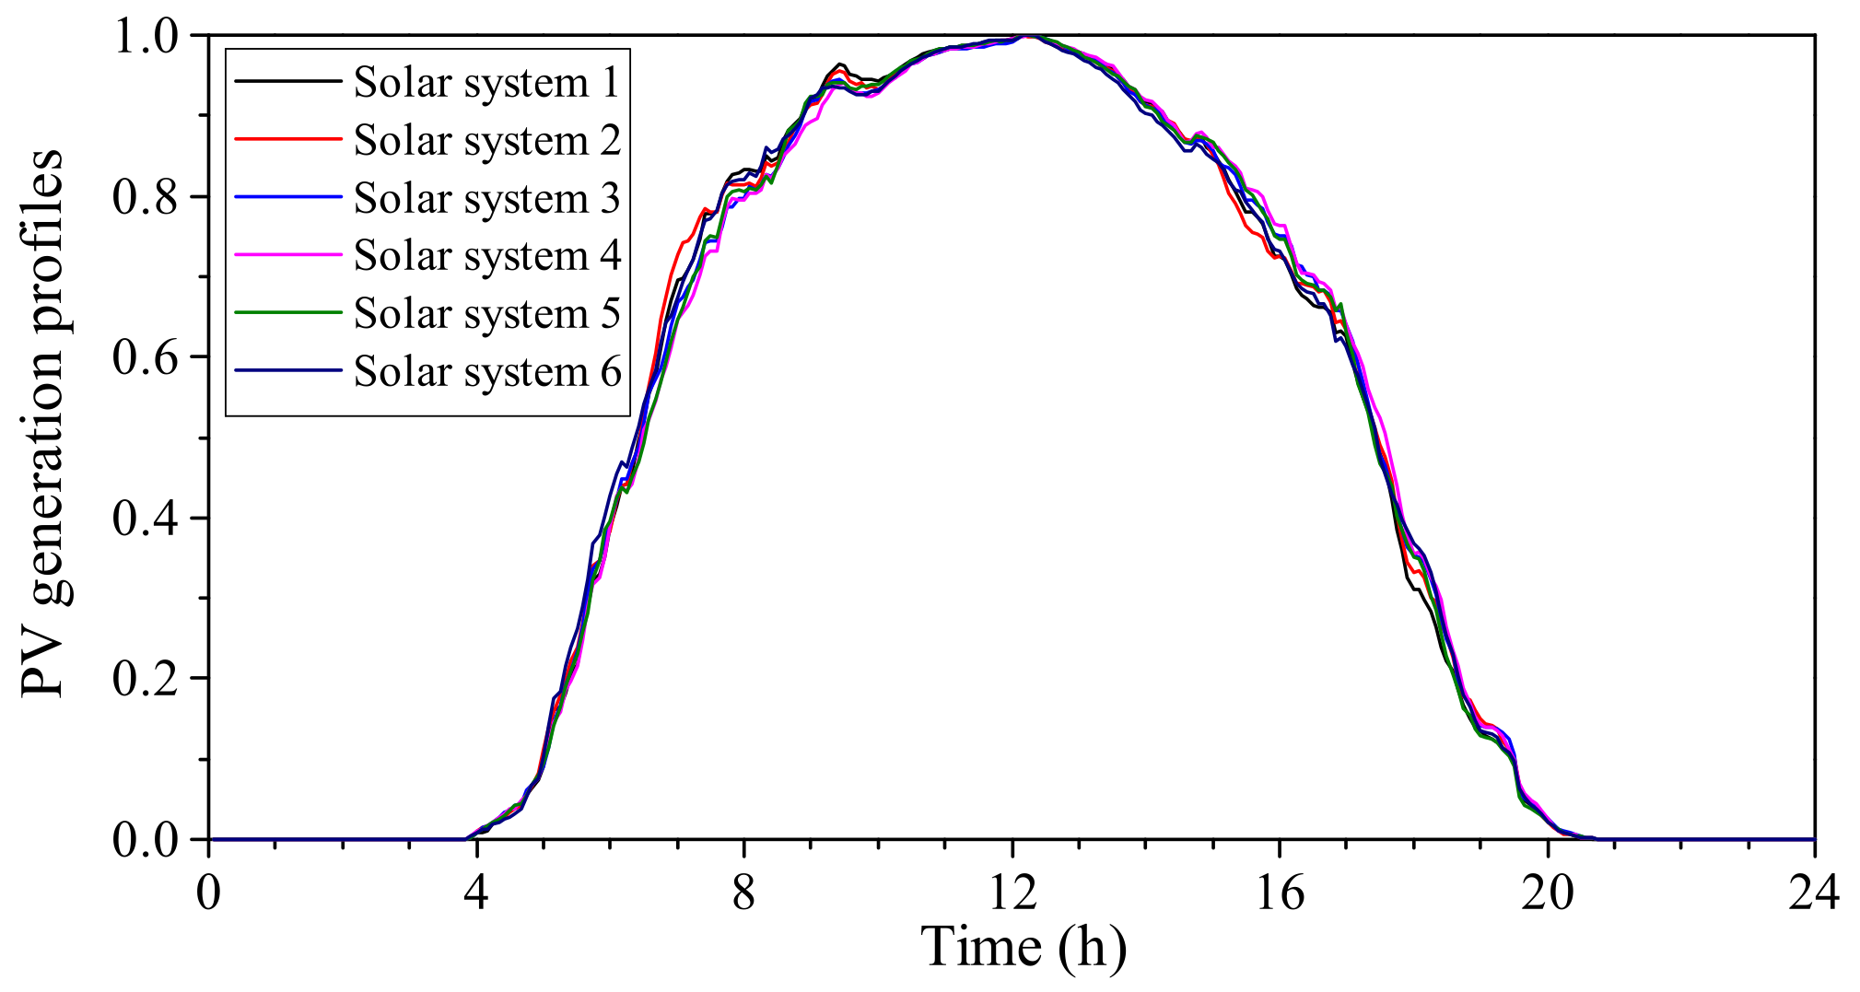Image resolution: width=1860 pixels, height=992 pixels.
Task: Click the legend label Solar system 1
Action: (486, 83)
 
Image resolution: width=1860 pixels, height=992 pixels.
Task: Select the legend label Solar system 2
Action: (486, 141)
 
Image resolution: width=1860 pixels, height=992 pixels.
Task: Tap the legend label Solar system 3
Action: (486, 199)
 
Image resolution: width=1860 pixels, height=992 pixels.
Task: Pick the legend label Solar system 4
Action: (486, 256)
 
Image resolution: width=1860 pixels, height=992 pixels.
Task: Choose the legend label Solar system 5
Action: (486, 314)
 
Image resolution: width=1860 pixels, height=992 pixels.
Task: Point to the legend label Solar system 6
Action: (486, 372)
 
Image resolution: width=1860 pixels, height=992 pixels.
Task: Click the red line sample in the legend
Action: (287, 139)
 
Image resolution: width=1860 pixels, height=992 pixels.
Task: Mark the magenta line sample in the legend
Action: (287, 254)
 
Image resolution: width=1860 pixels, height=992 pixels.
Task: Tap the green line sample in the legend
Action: (287, 312)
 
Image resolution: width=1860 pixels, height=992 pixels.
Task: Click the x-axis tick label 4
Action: (476, 892)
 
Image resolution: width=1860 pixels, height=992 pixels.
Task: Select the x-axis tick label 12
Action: (1012, 892)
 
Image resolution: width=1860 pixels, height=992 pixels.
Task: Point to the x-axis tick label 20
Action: (1547, 892)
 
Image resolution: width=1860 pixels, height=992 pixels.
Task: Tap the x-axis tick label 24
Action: (1813, 892)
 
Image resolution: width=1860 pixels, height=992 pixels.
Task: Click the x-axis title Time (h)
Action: (1023, 947)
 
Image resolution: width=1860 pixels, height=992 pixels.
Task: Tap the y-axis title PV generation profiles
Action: (43, 424)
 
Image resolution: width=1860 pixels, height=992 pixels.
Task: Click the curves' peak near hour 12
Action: (1030, 37)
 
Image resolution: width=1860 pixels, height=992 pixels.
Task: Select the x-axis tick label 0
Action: (209, 892)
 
